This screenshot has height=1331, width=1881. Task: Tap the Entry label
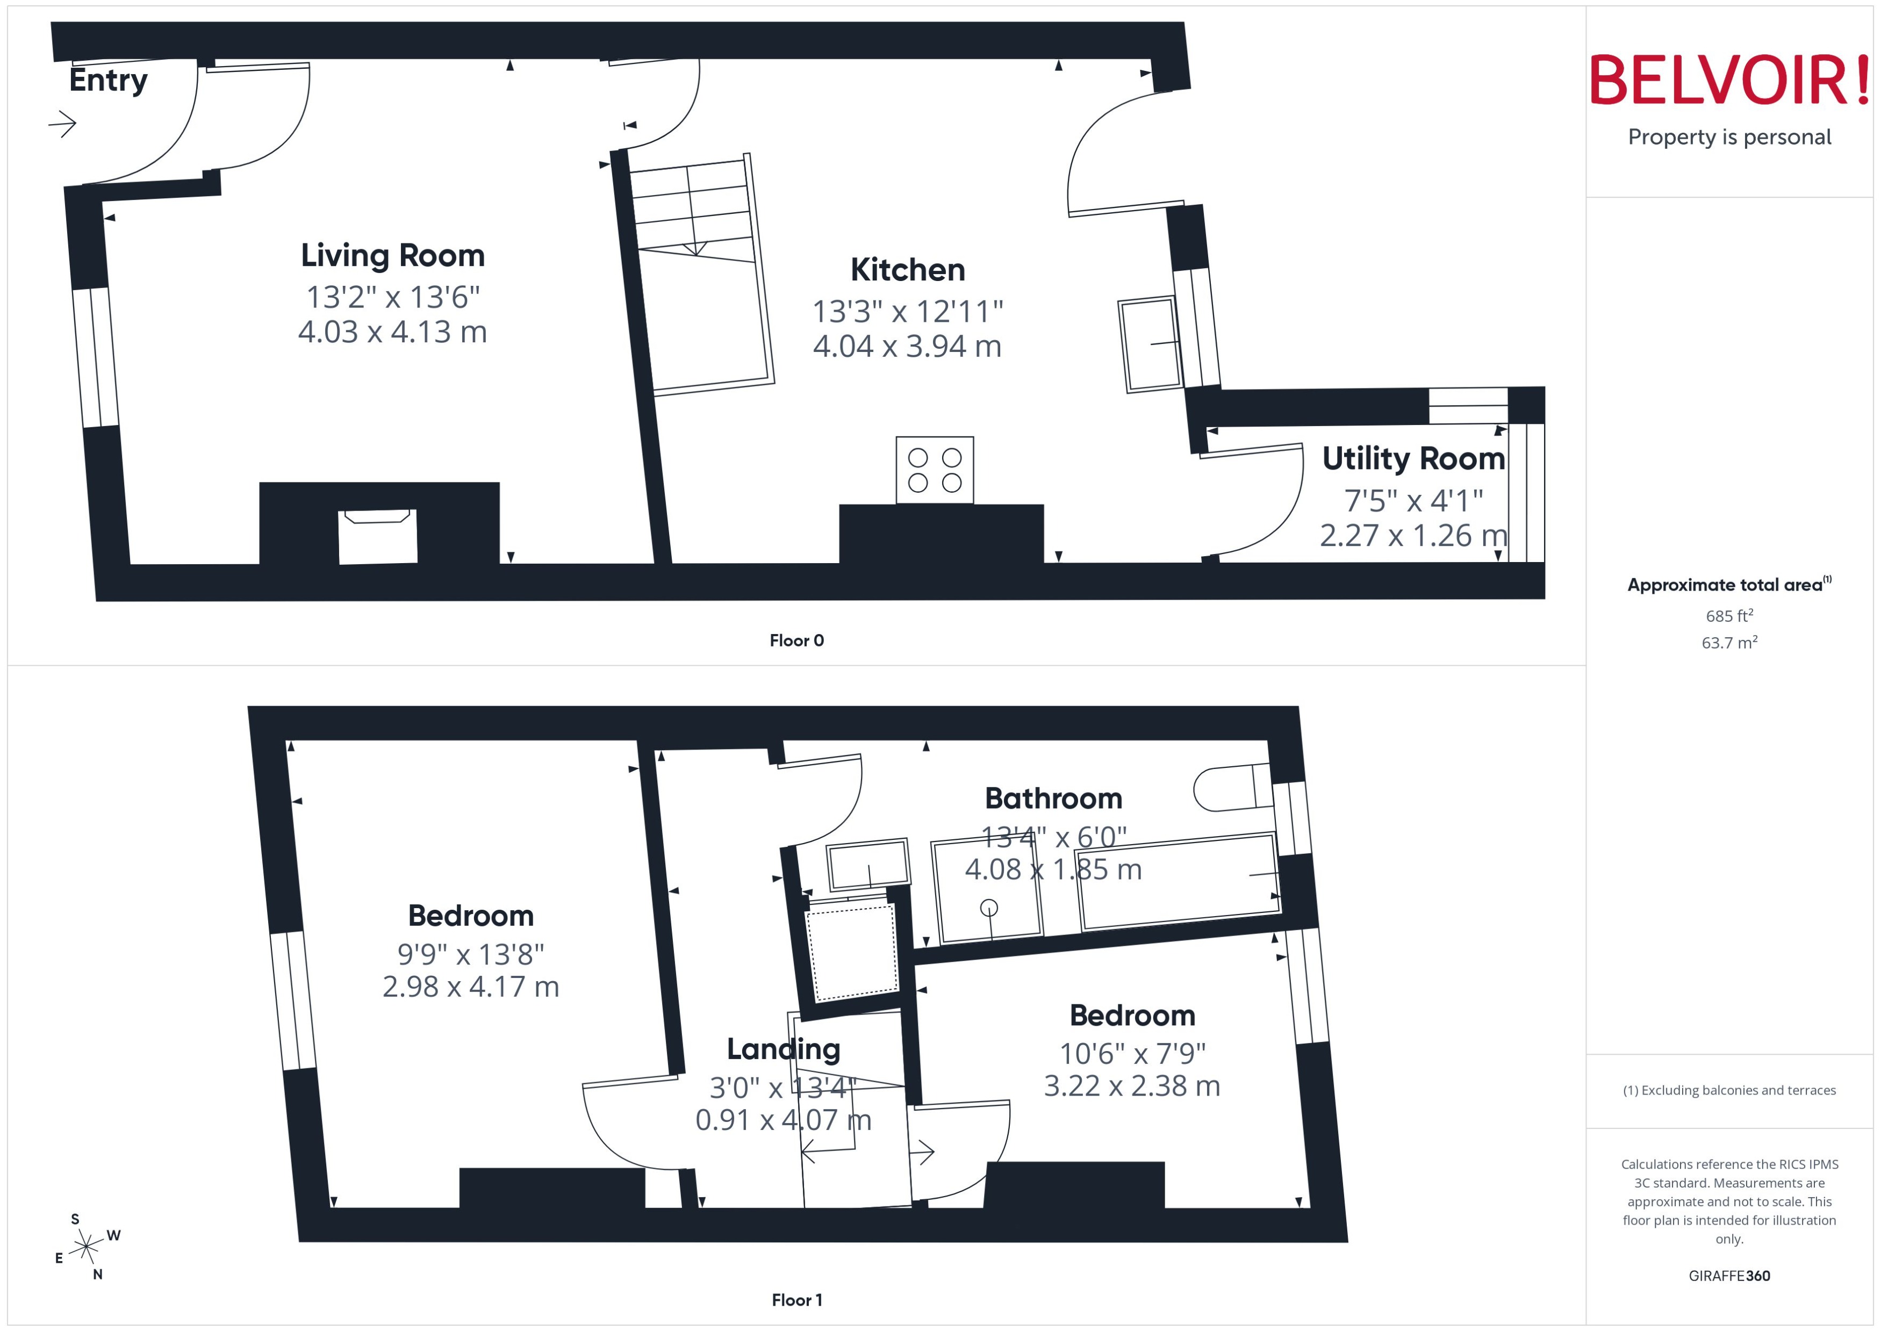pyautogui.click(x=108, y=80)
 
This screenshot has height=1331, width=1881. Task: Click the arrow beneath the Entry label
pyautogui.click(x=62, y=125)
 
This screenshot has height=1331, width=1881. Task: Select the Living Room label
pyautogui.click(x=393, y=256)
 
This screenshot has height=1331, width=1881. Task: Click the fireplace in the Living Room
pyautogui.click(x=378, y=536)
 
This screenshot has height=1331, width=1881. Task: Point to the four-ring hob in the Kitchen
pyautogui.click(x=935, y=470)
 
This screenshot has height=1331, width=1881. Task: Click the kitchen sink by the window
pyautogui.click(x=1151, y=344)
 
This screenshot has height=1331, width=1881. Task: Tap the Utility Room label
pyautogui.click(x=1413, y=458)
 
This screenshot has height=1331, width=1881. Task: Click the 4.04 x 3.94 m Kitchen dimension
pyautogui.click(x=907, y=347)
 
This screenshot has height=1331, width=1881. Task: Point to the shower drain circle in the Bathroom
pyautogui.click(x=989, y=907)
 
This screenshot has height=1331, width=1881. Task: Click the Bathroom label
pyautogui.click(x=1053, y=798)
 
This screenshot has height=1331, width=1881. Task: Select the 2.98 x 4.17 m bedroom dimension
pyautogui.click(x=470, y=987)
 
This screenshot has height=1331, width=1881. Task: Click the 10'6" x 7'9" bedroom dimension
pyautogui.click(x=1132, y=1053)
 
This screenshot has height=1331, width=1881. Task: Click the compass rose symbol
pyautogui.click(x=86, y=1247)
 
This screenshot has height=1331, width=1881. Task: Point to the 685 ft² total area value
pyautogui.click(x=1729, y=615)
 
